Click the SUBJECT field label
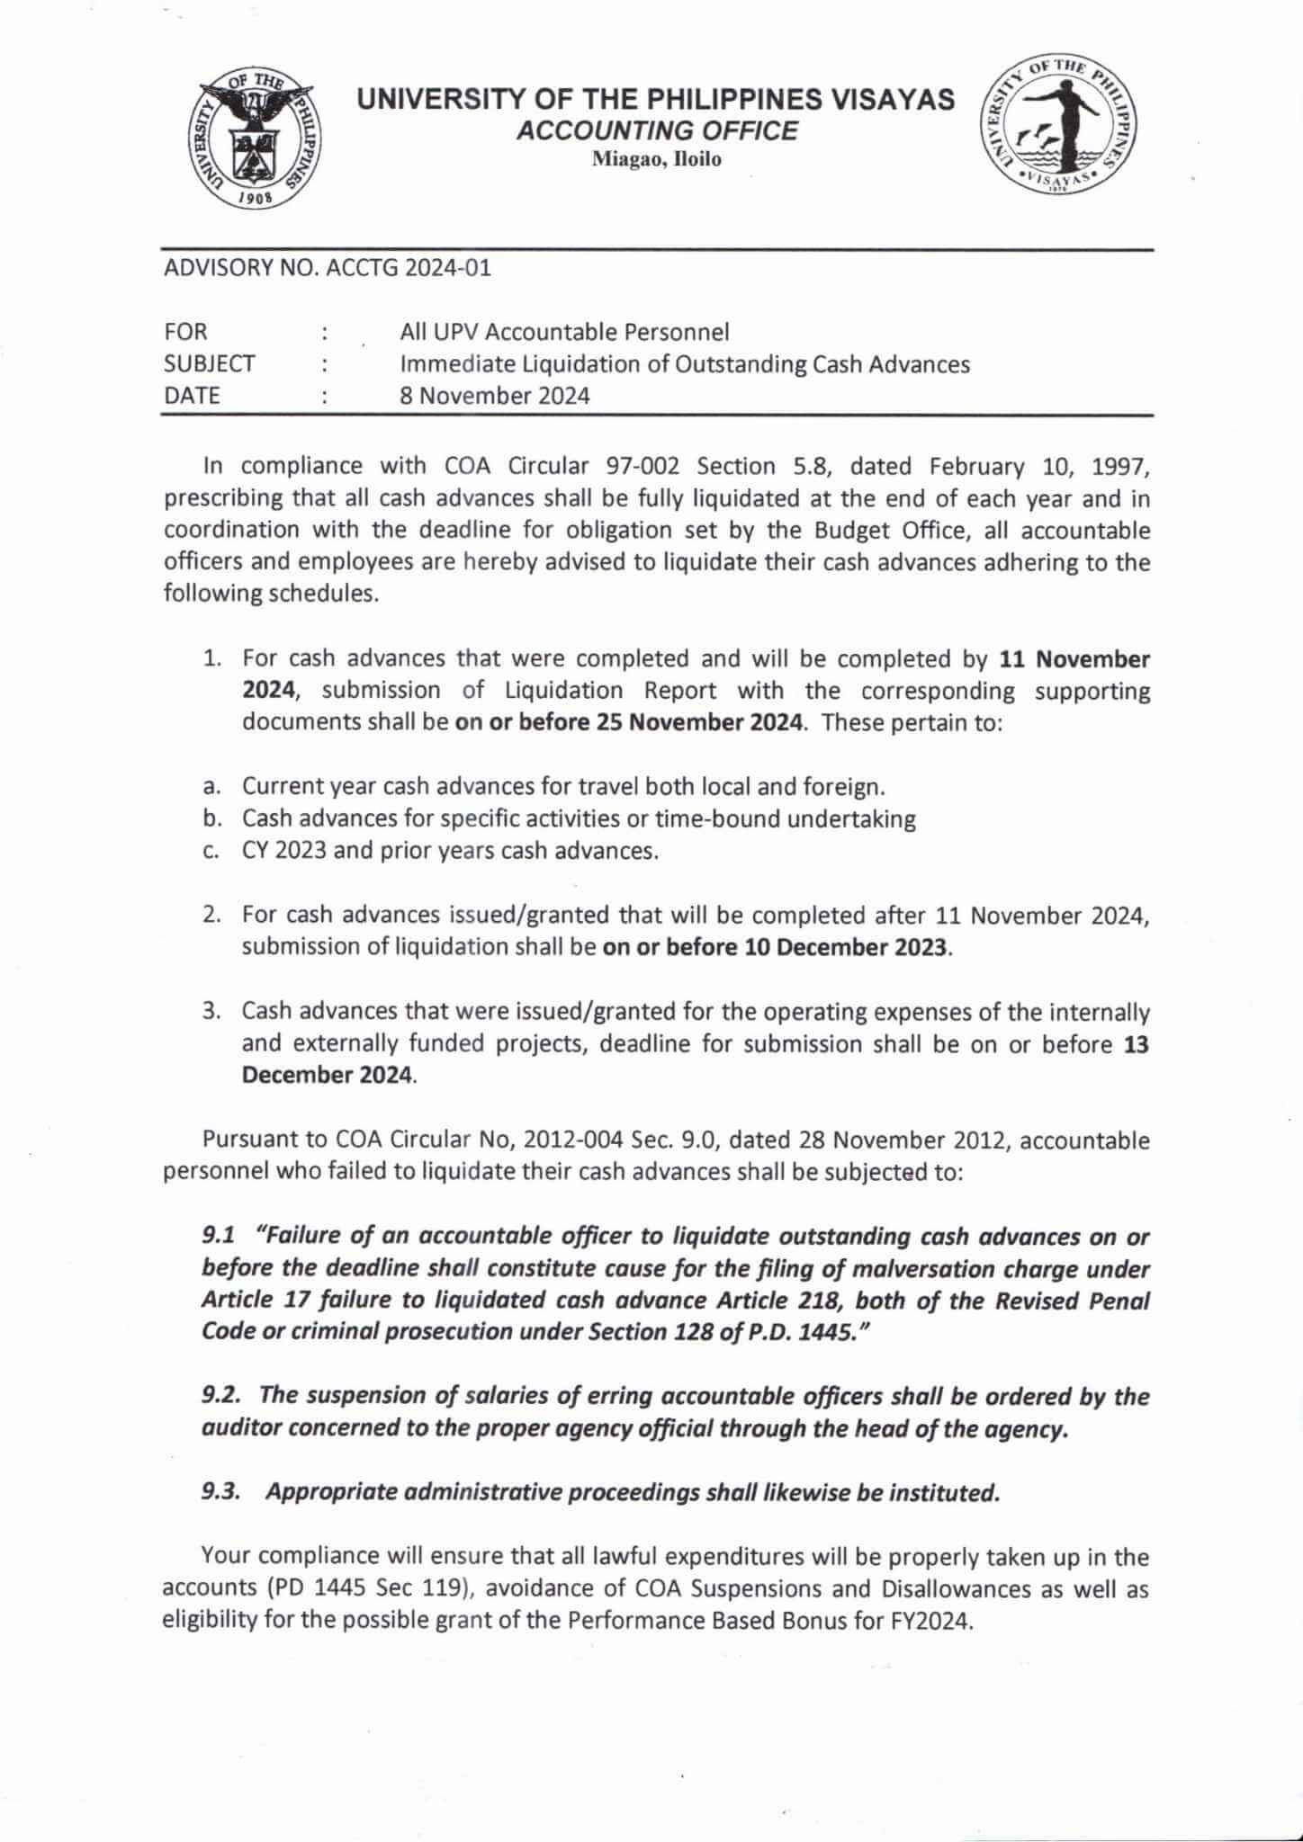[210, 364]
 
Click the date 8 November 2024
[495, 396]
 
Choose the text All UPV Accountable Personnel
[564, 333]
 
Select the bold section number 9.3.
[221, 1492]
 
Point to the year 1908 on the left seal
[257, 200]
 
